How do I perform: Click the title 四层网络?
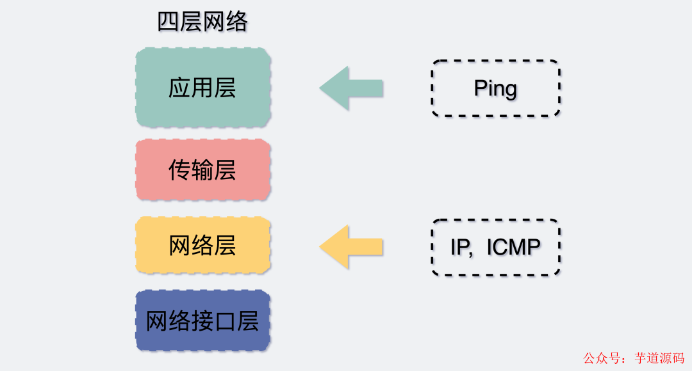202,22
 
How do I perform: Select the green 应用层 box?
202,88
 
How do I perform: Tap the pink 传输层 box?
202,170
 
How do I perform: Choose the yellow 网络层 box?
202,246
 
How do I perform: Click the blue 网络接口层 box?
202,320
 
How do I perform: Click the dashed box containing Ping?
495,88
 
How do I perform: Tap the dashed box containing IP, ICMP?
495,248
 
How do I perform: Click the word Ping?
495,88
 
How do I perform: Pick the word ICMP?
514,248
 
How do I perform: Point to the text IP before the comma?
459,248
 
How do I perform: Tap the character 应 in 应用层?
180,88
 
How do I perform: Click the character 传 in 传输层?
180,170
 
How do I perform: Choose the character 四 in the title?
169,22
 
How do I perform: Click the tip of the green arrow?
321,88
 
